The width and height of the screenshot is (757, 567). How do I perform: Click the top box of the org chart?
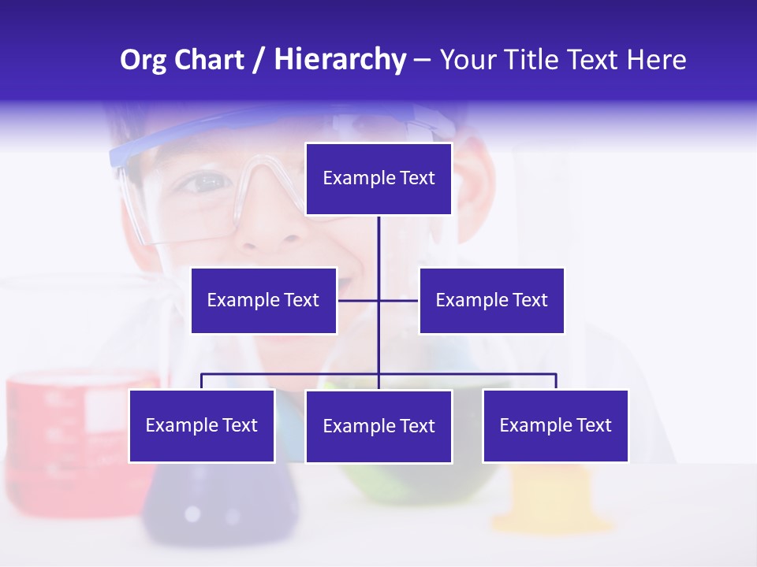tap(378, 179)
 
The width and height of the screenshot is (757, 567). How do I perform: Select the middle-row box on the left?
tap(263, 300)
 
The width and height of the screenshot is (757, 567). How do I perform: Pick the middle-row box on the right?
tap(491, 300)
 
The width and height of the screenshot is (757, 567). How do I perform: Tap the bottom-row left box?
tap(202, 426)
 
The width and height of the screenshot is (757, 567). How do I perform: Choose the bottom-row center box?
tap(378, 427)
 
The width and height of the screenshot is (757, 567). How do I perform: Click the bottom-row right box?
tap(555, 426)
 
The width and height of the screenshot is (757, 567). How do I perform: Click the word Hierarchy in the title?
tap(339, 60)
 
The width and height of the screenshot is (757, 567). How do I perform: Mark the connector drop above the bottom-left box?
tap(202, 381)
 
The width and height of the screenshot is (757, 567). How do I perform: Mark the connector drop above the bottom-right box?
tap(555, 381)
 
